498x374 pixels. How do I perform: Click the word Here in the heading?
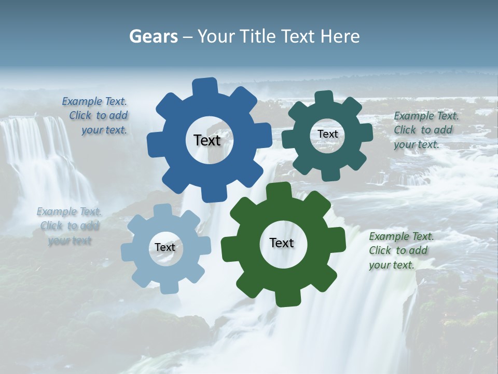(x=340, y=36)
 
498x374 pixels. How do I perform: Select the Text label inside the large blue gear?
(x=207, y=140)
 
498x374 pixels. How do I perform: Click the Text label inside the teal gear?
(x=327, y=134)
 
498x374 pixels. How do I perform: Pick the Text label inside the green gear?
(x=282, y=243)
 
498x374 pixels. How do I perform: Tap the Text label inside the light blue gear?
(x=165, y=248)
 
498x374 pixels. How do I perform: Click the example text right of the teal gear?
(x=425, y=130)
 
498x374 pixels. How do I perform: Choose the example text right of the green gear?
(x=400, y=250)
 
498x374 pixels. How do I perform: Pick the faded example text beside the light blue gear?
(x=70, y=226)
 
